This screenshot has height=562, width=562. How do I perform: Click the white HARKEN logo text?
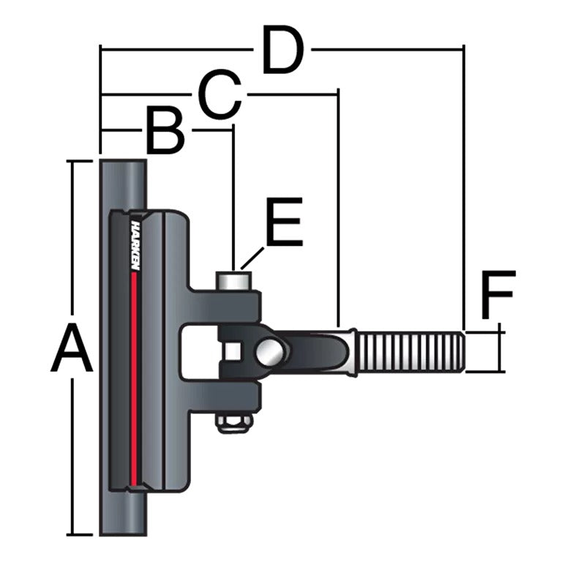click(x=135, y=246)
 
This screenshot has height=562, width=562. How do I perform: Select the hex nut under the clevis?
click(x=234, y=422)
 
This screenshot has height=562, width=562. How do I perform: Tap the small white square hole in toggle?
click(x=233, y=352)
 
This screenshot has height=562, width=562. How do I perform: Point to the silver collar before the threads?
click(x=350, y=352)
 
